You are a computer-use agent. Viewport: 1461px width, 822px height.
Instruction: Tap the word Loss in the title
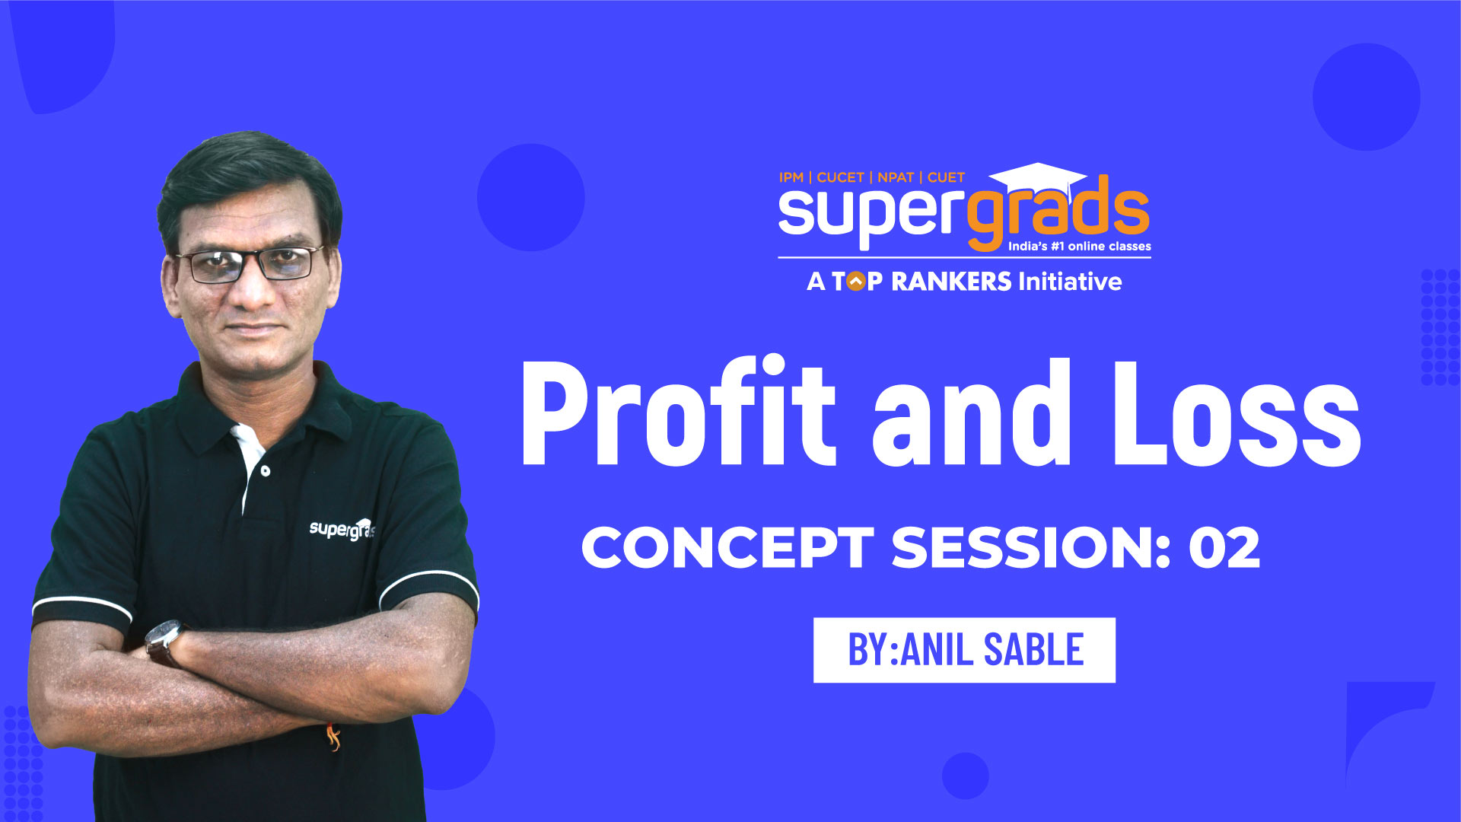[1237, 413]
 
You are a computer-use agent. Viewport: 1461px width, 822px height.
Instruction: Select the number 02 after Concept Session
[1224, 548]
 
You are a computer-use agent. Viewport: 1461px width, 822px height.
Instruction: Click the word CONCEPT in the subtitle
[727, 548]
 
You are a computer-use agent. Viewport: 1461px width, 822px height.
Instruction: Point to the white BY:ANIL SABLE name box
[964, 650]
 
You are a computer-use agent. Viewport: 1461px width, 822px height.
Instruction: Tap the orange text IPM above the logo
[791, 177]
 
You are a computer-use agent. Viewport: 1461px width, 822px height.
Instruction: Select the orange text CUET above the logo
[946, 177]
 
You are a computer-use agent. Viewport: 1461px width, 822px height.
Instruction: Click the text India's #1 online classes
[1079, 247]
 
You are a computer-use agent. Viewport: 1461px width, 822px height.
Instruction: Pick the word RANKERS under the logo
[951, 282]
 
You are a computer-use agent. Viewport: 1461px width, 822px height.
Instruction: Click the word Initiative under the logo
[1070, 282]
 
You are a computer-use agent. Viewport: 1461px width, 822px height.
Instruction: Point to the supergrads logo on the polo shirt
[342, 530]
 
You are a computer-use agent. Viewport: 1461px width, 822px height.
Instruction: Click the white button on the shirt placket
[265, 471]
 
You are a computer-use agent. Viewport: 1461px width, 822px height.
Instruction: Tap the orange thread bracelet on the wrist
[333, 736]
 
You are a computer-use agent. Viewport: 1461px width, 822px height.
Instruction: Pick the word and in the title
[972, 413]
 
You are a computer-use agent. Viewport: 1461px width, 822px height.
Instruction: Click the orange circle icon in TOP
[856, 282]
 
